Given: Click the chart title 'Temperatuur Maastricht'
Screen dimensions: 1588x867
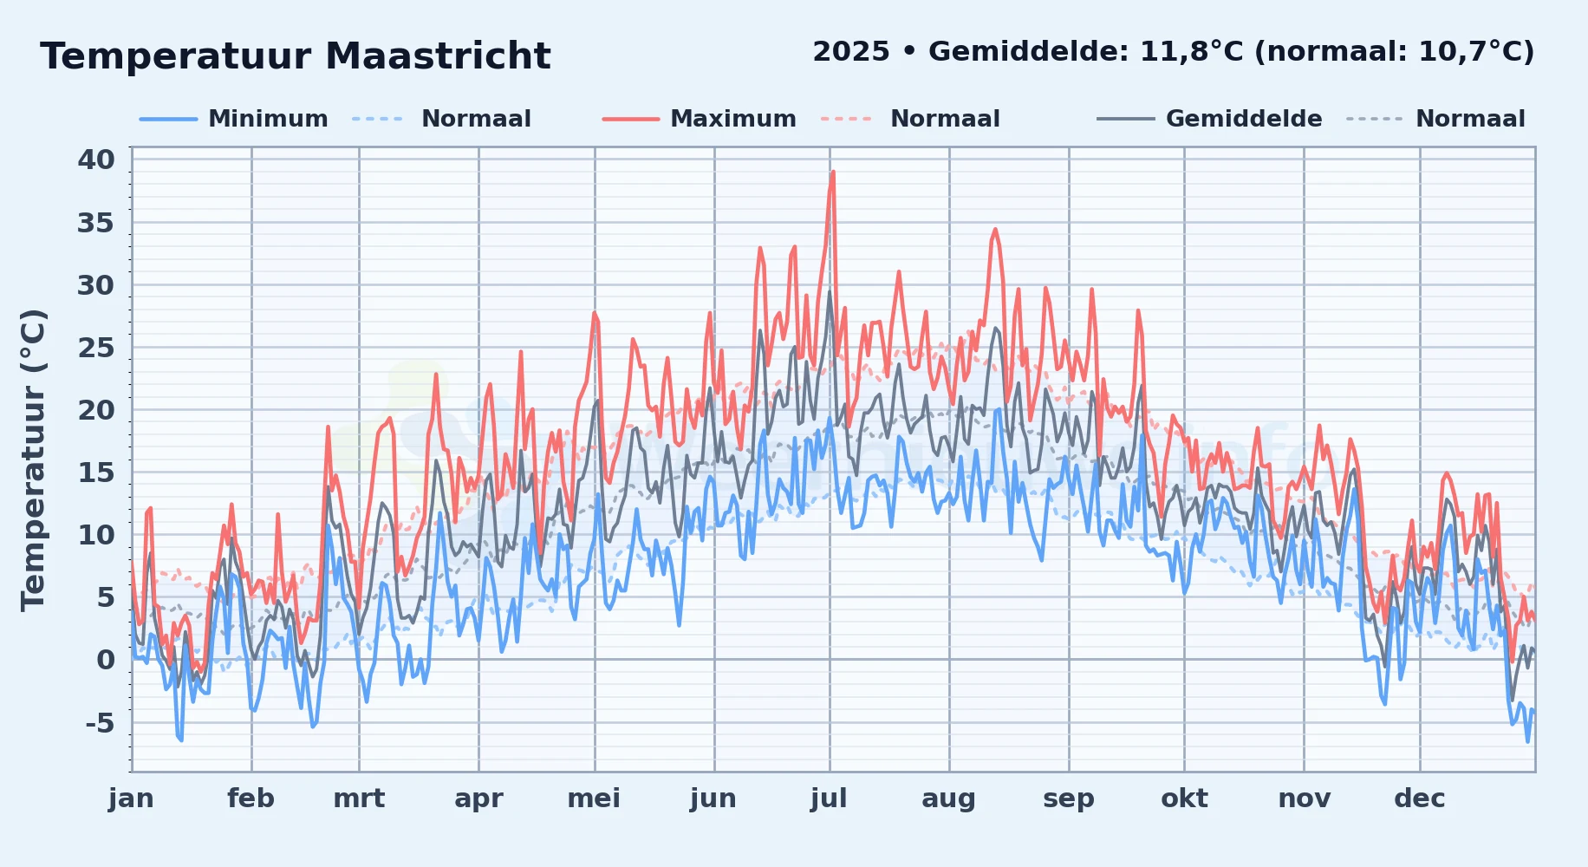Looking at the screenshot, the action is (296, 56).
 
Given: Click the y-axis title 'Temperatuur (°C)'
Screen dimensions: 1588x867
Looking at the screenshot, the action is (33, 460).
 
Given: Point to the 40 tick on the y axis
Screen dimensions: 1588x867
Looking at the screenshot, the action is (96, 160).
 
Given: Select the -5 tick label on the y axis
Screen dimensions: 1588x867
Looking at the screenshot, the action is (100, 722).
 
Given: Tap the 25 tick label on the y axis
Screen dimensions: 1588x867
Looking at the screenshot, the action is (96, 348).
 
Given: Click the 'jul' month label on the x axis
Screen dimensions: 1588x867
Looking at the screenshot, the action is (829, 799).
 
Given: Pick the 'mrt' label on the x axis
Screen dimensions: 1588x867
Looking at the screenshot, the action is (359, 799).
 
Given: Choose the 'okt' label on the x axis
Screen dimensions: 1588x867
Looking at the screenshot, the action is (1184, 799).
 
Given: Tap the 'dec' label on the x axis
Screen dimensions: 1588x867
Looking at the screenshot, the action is (1420, 799).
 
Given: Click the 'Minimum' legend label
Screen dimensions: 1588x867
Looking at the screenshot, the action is (268, 119).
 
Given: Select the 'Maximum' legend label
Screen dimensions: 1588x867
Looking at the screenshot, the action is (733, 119).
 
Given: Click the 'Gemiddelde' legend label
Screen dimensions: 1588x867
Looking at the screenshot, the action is (1244, 119).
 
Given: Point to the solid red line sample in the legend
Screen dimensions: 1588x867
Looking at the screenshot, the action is (631, 119).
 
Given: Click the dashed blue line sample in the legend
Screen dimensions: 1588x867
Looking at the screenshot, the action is (378, 119).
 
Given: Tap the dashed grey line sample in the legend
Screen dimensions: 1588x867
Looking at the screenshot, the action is (1374, 119).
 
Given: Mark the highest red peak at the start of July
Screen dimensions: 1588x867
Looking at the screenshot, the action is (833, 172).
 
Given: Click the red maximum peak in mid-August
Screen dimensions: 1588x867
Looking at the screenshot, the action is (995, 230).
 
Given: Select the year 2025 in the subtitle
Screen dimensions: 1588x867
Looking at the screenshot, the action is (851, 52).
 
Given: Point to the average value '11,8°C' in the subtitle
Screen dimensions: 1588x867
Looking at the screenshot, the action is (1191, 52).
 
